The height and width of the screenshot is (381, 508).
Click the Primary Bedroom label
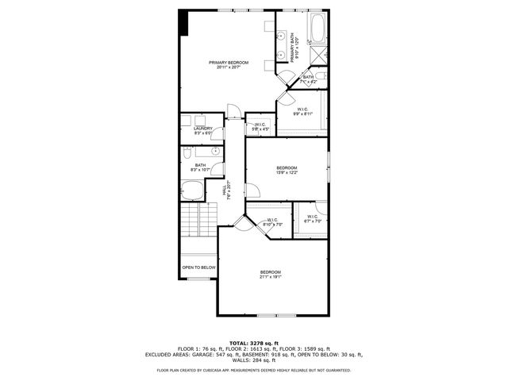coord(229,64)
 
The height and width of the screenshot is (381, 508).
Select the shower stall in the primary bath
coord(318,56)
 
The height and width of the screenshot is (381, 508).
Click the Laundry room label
coord(203,130)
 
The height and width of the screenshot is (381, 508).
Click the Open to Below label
coord(198,267)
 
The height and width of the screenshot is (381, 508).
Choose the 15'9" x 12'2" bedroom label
coord(287,170)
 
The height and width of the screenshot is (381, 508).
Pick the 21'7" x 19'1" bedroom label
coord(270,275)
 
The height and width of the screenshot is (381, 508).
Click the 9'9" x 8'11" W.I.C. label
coord(302,111)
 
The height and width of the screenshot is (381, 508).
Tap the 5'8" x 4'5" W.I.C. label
coord(260,126)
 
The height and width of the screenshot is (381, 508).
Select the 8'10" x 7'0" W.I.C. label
coord(272,221)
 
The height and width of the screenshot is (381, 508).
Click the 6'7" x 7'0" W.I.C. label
coord(311,217)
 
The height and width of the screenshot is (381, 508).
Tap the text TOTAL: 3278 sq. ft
coord(253,342)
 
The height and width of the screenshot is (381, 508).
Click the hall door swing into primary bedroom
coord(231,110)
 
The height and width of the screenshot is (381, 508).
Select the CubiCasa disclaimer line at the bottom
coord(253,370)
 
